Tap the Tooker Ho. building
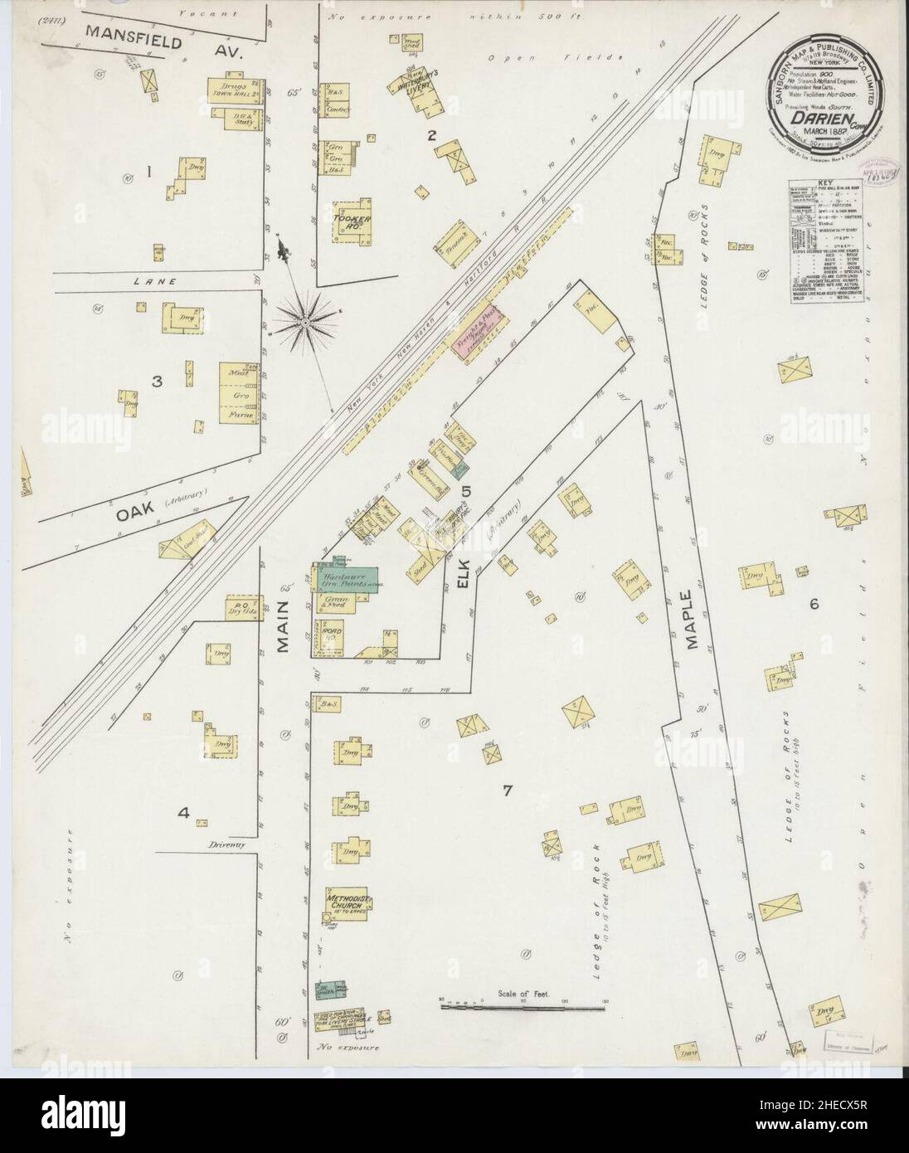351,221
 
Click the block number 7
507,790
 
